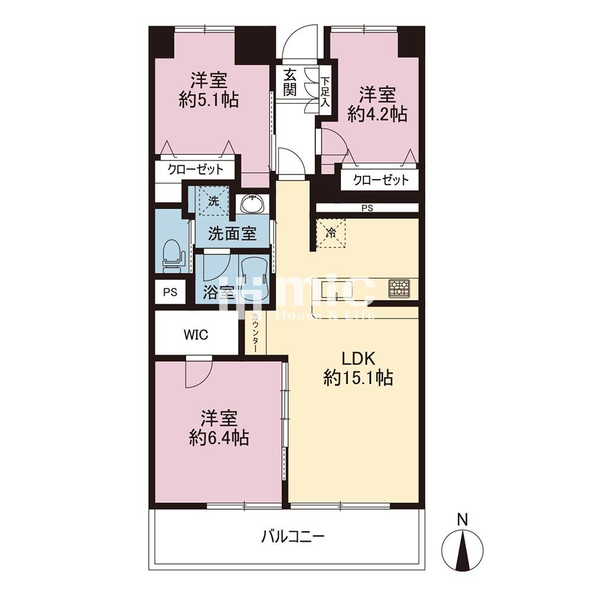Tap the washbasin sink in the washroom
(x=253, y=205)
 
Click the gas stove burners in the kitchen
(x=398, y=288)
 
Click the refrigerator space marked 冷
(x=330, y=233)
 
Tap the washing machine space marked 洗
(x=213, y=200)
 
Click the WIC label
(x=196, y=334)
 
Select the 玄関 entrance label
(x=290, y=83)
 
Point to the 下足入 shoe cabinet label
(x=325, y=91)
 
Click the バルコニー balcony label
(x=293, y=537)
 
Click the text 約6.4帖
(x=219, y=438)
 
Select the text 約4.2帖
(x=377, y=114)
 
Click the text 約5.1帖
(x=208, y=100)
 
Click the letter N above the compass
(x=462, y=520)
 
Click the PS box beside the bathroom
(x=170, y=292)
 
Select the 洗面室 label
(x=232, y=234)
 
